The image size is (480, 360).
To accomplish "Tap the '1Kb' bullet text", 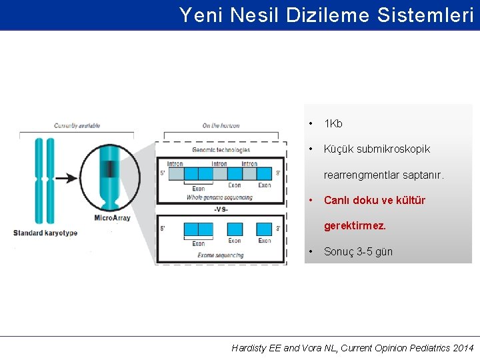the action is click(x=333, y=124).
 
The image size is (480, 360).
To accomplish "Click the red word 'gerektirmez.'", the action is click(x=355, y=226).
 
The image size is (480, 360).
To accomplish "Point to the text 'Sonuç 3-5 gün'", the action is click(x=358, y=251).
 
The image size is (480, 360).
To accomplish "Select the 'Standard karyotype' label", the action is click(x=45, y=233).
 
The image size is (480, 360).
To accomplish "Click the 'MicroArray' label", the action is click(x=112, y=218).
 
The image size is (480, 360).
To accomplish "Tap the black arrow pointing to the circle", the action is click(x=67, y=178).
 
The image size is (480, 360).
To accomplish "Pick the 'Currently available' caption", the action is click(x=77, y=125).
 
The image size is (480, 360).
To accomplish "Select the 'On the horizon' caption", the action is click(x=221, y=125).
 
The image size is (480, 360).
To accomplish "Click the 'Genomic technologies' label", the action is click(x=221, y=150).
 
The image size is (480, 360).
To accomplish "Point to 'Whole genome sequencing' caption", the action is click(x=219, y=197).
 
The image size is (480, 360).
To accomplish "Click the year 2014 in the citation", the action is click(x=462, y=348).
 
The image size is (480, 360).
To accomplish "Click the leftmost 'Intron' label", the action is click(x=175, y=164).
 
